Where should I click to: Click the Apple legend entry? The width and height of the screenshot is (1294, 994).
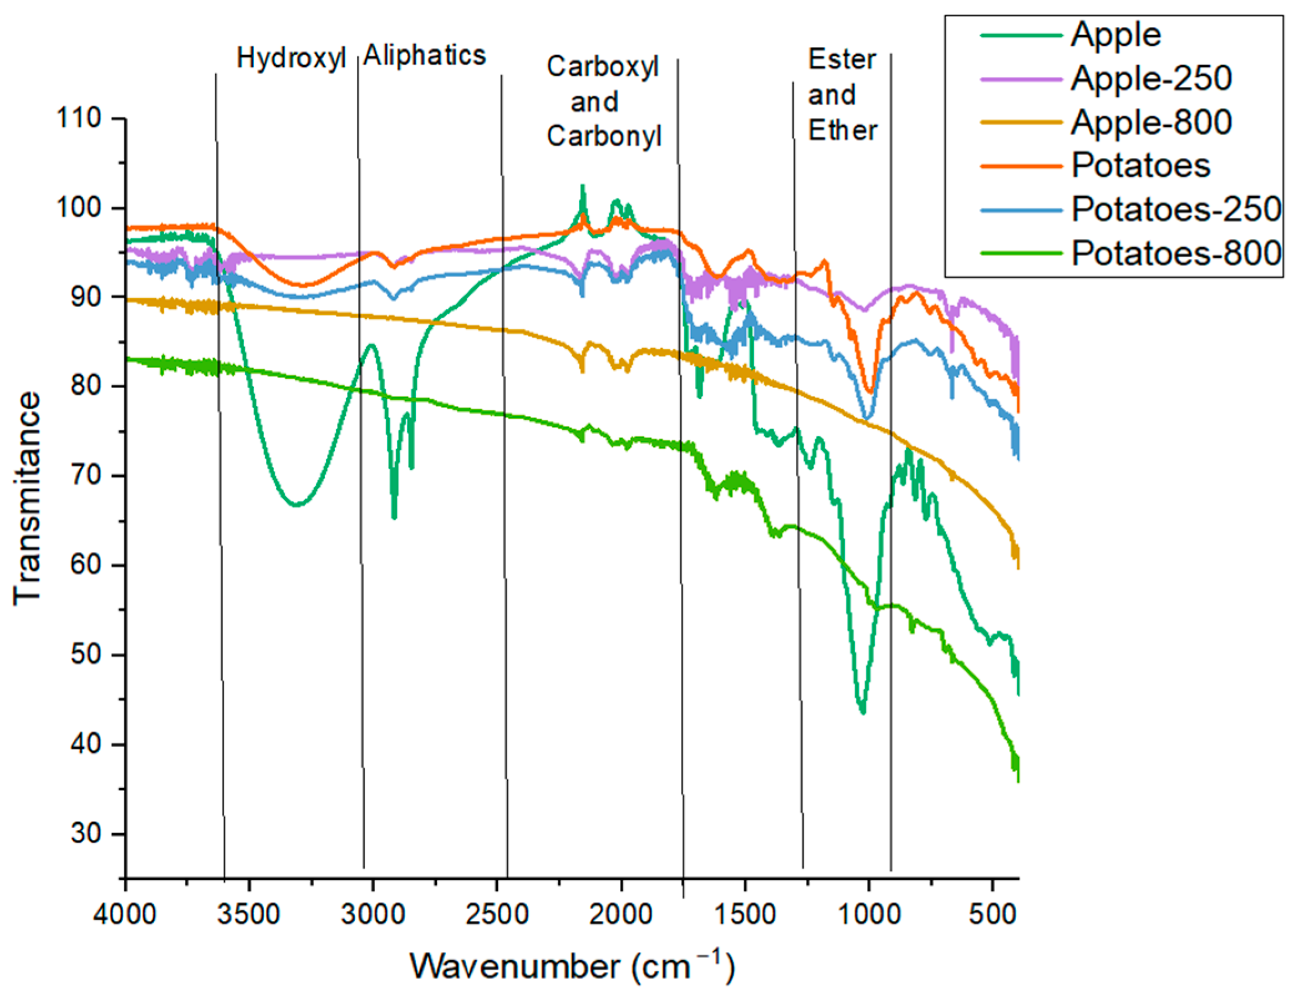(x=1115, y=34)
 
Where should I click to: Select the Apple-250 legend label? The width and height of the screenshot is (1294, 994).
(x=1150, y=78)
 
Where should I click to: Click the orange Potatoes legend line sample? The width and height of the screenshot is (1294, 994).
(x=1020, y=166)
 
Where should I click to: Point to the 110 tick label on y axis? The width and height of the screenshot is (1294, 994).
(x=79, y=118)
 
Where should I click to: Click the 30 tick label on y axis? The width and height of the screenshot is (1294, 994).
(x=86, y=834)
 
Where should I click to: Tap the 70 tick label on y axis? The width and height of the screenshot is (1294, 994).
(x=86, y=476)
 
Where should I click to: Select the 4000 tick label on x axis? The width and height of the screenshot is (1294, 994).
(x=125, y=915)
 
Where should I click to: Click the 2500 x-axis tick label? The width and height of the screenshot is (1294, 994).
(x=496, y=915)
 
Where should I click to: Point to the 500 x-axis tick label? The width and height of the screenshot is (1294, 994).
(x=992, y=915)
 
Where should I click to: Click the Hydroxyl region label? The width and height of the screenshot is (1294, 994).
(x=291, y=58)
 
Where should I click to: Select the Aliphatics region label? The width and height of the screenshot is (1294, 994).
(x=424, y=55)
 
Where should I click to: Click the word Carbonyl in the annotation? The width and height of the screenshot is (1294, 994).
(x=604, y=136)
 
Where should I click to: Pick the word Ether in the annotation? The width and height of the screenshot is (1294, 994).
(x=843, y=130)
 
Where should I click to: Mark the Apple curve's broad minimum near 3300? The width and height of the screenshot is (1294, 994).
(x=298, y=504)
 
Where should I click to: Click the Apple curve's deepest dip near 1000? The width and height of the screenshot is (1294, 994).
(x=862, y=712)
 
